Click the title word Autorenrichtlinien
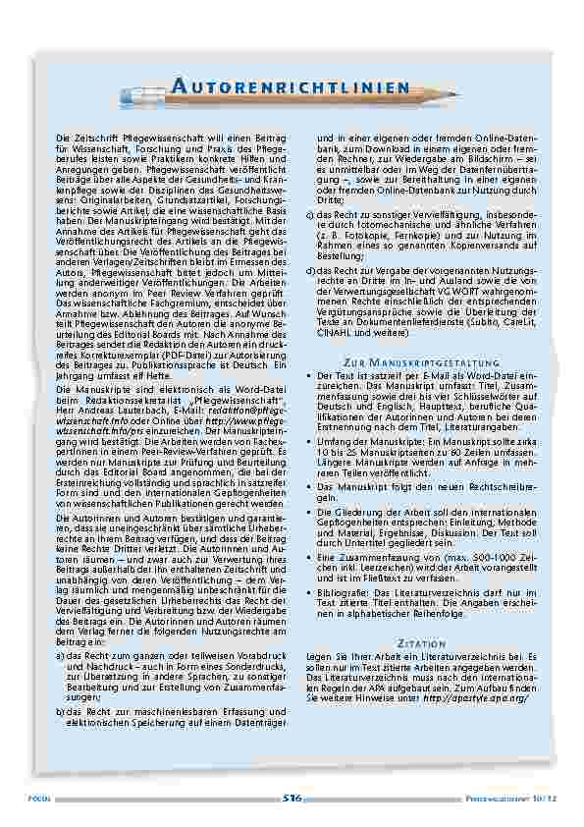[x=291, y=88]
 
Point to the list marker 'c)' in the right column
[x=311, y=212]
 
